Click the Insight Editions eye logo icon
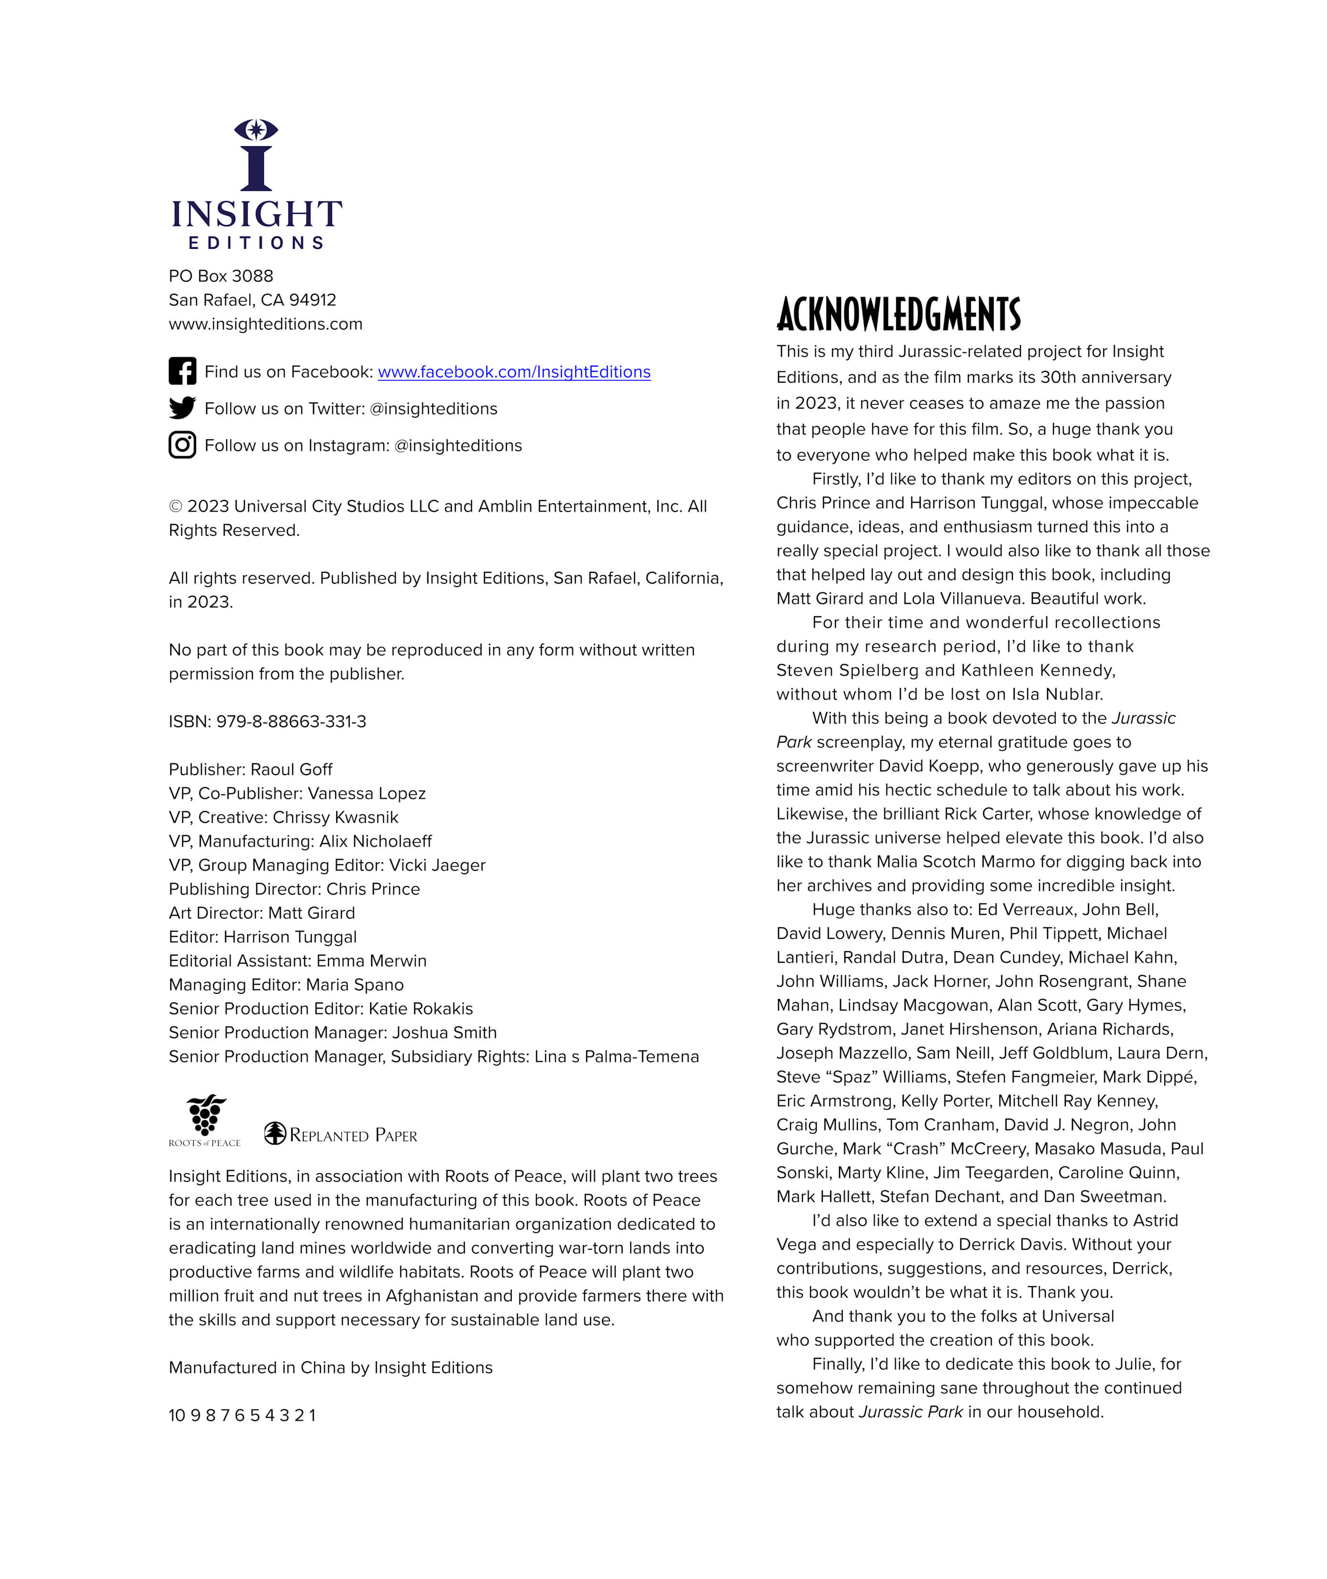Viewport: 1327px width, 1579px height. [x=256, y=154]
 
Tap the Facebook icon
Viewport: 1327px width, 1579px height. [x=182, y=371]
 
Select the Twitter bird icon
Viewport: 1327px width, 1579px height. [x=182, y=408]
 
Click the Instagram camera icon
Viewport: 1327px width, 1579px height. [x=182, y=445]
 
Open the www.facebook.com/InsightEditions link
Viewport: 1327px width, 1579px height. [x=514, y=372]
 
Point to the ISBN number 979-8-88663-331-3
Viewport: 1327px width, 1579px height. [x=291, y=722]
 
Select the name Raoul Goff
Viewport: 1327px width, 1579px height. [x=291, y=769]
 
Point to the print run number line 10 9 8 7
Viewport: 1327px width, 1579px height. [x=242, y=1415]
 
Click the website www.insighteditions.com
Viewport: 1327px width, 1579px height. [x=265, y=323]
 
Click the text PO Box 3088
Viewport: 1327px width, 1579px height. [x=220, y=276]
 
